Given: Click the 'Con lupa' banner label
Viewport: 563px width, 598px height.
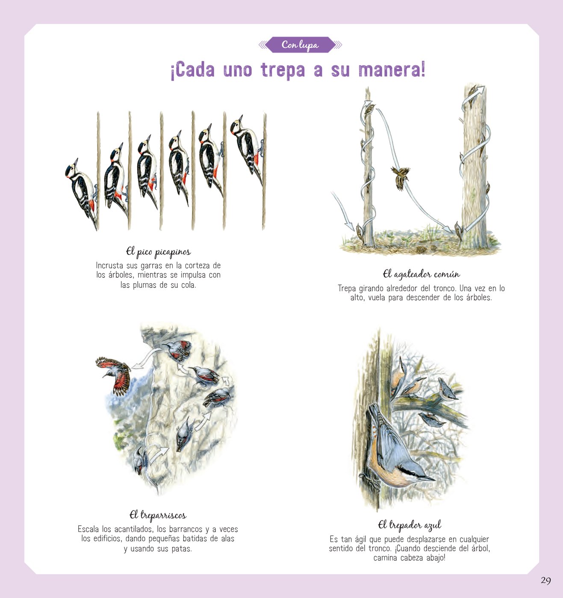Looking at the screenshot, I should click(x=300, y=45).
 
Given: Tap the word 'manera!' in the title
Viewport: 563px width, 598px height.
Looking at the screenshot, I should click(x=392, y=70).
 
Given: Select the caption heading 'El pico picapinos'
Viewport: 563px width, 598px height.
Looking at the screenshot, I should click(x=158, y=252).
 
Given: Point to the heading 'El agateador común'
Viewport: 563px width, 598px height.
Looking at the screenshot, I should click(x=421, y=274).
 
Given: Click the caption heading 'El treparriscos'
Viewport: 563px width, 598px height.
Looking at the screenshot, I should click(x=158, y=515).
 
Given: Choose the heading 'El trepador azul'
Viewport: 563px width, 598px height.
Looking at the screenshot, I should click(x=409, y=525).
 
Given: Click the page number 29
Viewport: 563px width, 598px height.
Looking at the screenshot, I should click(x=545, y=580).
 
